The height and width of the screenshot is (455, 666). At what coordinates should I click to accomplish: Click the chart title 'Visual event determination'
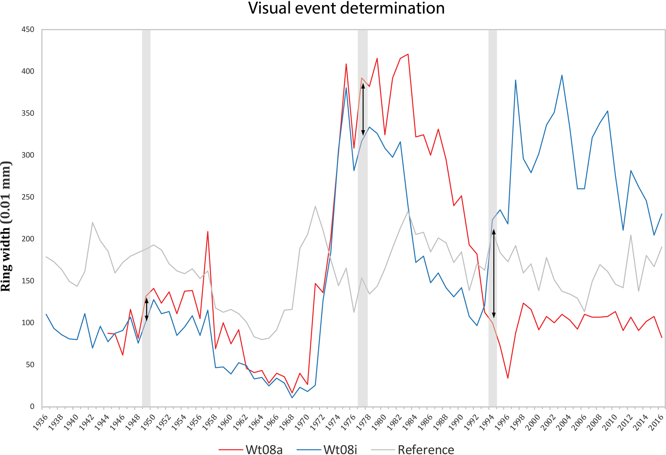[x=346, y=8]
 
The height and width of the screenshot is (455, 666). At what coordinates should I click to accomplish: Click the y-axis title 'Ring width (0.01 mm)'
[x=6, y=226]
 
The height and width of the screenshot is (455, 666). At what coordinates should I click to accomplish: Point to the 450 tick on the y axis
[x=28, y=30]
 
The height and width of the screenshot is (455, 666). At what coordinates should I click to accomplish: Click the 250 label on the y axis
[x=28, y=197]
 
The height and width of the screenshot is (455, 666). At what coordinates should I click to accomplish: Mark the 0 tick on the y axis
[x=32, y=407]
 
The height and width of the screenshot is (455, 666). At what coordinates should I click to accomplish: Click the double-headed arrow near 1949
[x=147, y=309]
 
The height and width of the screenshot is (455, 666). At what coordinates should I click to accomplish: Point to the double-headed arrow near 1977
[x=363, y=109]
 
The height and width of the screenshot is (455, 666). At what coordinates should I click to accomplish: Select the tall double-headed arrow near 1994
[x=494, y=274]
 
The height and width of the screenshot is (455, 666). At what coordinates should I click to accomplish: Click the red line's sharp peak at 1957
[x=208, y=232]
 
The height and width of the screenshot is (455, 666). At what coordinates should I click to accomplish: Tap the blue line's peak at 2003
[x=562, y=75]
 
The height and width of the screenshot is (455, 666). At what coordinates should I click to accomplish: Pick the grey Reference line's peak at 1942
[x=92, y=222]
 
